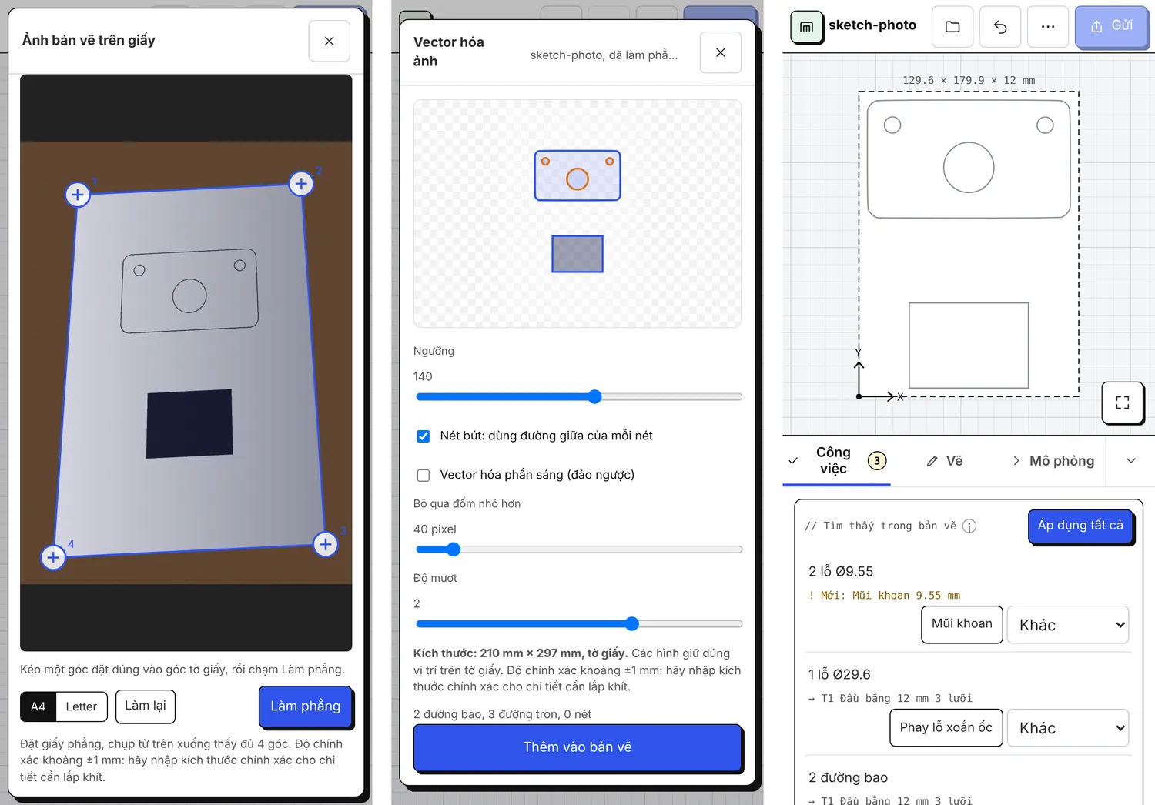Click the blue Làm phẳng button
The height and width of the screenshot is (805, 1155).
coord(305,706)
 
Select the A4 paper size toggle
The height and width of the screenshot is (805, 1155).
coord(38,706)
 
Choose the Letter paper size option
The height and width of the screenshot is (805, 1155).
coord(81,706)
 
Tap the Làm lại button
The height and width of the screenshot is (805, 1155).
coord(146,706)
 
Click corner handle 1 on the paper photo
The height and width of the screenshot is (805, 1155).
coord(77,195)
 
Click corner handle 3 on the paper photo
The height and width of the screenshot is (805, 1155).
coord(326,544)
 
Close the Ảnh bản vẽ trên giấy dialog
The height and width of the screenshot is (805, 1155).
coord(329,41)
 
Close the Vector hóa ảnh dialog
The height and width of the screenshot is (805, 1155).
coord(720,52)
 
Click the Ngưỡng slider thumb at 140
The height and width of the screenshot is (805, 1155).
coord(594,396)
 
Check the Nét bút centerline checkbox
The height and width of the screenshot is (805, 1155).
coord(423,436)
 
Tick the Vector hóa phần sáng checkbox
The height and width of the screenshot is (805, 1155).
coord(423,475)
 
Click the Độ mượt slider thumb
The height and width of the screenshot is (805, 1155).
coord(631,623)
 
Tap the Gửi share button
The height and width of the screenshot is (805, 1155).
coord(1111,26)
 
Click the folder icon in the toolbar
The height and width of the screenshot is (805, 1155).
coord(952,26)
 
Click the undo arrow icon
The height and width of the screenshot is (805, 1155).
coord(999,26)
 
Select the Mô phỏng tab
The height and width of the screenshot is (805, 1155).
coord(1053,461)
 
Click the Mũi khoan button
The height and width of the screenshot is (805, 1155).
coord(962,624)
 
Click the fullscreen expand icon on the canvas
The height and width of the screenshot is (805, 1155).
coord(1122,402)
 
